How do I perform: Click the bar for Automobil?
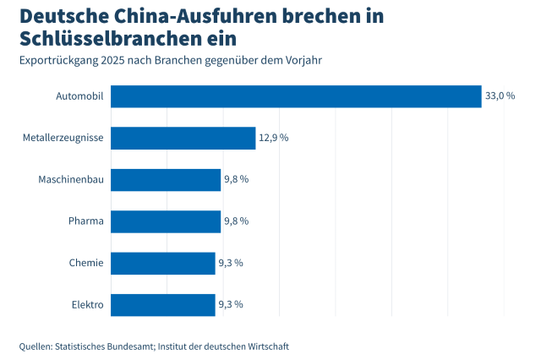[x=296, y=96]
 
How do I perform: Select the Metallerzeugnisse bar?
[x=183, y=138]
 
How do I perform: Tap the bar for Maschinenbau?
[x=166, y=179]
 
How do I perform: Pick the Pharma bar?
[x=166, y=221]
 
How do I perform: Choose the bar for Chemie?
[x=163, y=263]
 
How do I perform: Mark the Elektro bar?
[x=163, y=304]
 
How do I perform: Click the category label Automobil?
[x=79, y=96]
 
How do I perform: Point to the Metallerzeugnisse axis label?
[x=63, y=138]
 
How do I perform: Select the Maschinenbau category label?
[x=71, y=179]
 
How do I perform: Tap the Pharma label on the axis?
[x=86, y=221]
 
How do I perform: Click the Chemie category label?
[x=86, y=263]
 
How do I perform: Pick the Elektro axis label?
[x=86, y=304]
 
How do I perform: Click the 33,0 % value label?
[x=500, y=96]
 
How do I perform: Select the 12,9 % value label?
[x=273, y=138]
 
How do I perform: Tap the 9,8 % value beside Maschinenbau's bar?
[x=236, y=179]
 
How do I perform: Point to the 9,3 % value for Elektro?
[x=231, y=304]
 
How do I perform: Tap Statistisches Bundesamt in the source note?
[x=105, y=346]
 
